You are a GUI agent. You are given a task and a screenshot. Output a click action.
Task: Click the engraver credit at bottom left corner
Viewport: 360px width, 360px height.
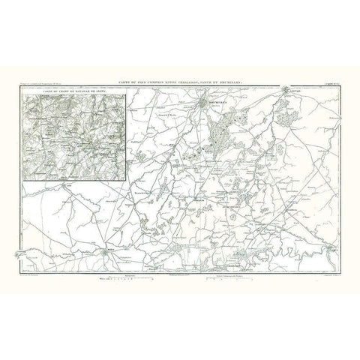coord(30,274)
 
